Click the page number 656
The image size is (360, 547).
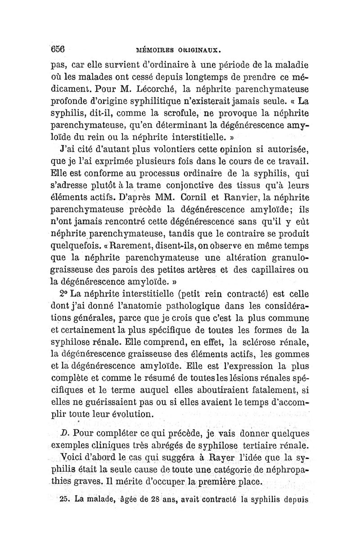coord(58,48)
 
